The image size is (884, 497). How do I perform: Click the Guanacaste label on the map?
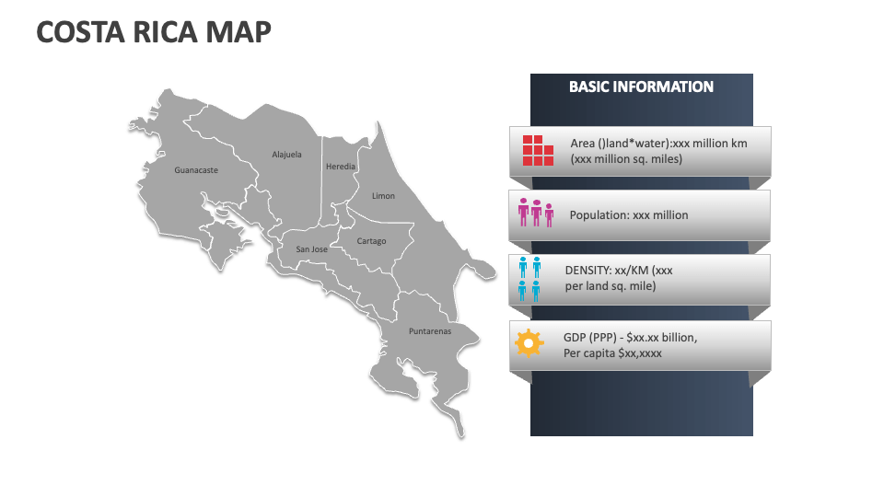[x=196, y=170]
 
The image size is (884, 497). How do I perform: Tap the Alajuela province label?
[x=286, y=155]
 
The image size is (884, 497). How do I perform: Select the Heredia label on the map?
[x=340, y=167]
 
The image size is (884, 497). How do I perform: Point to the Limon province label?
[x=383, y=196]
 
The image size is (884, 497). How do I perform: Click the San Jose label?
[x=311, y=249]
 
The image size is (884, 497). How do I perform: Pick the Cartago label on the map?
[x=371, y=241]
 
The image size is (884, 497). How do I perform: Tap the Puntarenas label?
[x=430, y=331]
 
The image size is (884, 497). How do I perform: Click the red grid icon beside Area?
[x=538, y=150]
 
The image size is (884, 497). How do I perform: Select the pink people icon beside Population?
[x=536, y=214]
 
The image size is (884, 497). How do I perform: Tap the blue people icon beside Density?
[x=529, y=280]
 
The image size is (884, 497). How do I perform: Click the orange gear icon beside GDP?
[x=529, y=344]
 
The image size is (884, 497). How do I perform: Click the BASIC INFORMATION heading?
[x=641, y=87]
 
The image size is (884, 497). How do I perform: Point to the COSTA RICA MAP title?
[x=154, y=32]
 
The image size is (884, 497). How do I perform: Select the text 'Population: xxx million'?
[x=629, y=215]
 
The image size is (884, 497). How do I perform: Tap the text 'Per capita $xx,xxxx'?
[x=612, y=353]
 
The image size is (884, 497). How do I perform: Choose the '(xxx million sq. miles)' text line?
[x=626, y=158]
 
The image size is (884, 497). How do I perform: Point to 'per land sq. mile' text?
[x=610, y=286]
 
